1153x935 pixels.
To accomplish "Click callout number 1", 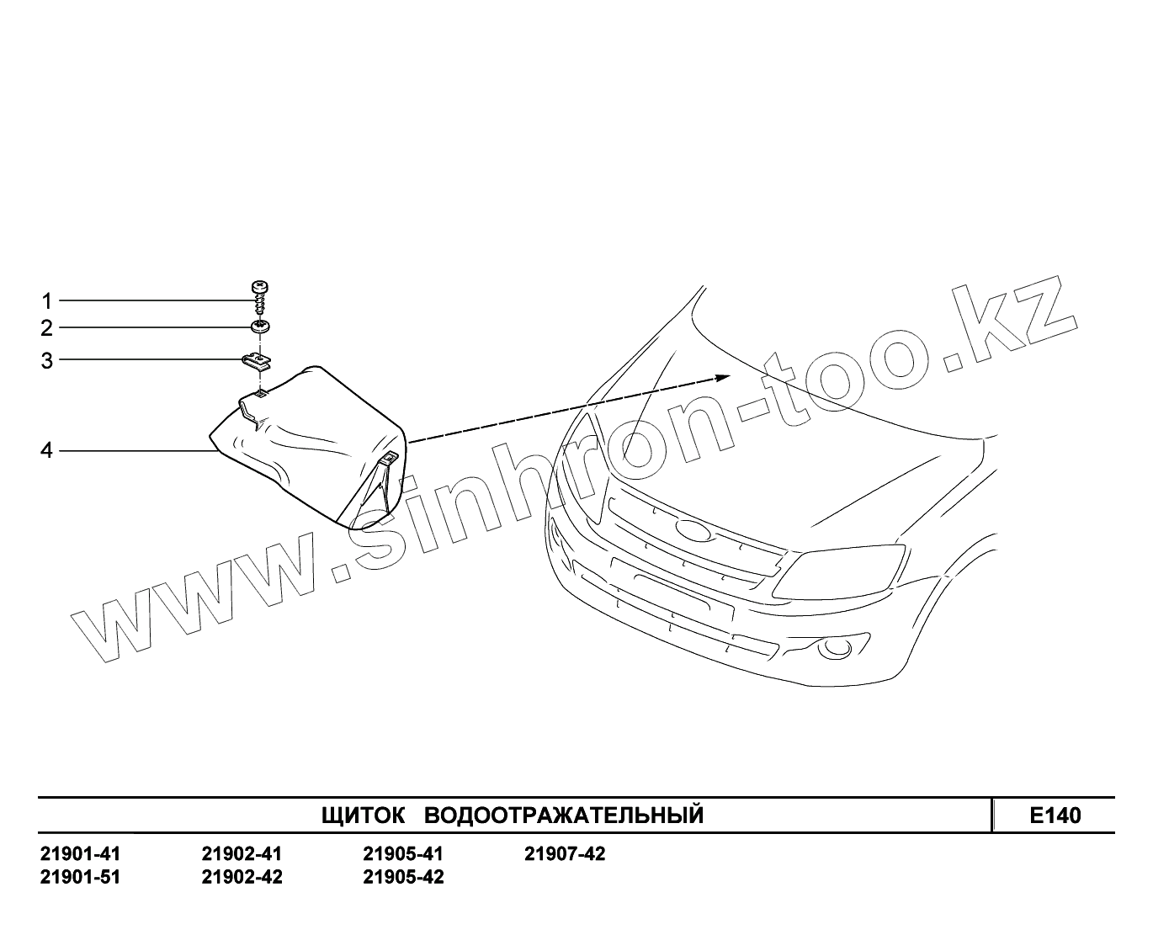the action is pos(47,300).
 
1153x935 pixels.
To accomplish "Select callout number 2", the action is pos(47,327).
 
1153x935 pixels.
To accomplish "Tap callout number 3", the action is pos(47,361).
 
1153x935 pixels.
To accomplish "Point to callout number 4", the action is pos(47,451).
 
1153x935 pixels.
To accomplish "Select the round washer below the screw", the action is pos(261,326).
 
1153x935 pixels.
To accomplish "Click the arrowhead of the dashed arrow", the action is pos(722,376).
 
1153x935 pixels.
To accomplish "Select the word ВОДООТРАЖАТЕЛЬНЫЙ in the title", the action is pos(564,815).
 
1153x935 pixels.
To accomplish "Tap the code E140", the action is pos(1055,815).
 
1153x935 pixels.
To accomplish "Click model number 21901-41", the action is pos(80,854).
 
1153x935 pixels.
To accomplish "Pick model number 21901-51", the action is pos(80,877).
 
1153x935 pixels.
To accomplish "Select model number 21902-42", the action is pos(242,877).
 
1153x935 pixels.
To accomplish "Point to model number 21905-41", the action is pos(403,854).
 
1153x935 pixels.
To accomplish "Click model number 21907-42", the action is pos(565,854).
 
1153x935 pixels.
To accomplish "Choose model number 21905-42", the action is pos(403,877).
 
